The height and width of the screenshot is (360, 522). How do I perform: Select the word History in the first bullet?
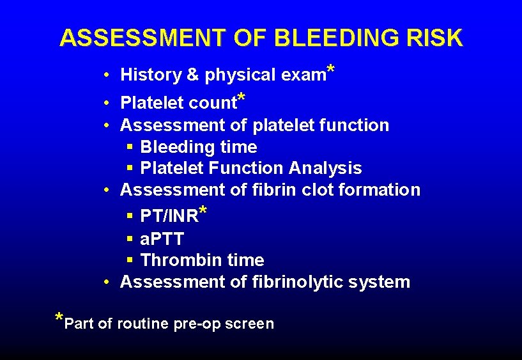[151, 75]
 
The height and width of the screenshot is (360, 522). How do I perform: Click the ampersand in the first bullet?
[192, 75]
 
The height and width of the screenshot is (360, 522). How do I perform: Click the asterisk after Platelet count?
[242, 97]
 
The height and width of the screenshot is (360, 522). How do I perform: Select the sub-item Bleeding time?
[198, 147]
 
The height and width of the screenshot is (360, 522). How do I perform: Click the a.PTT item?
[162, 239]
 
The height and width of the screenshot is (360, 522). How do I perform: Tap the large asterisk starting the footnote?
[59, 318]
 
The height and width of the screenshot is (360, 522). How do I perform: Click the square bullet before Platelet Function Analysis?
[130, 168]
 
